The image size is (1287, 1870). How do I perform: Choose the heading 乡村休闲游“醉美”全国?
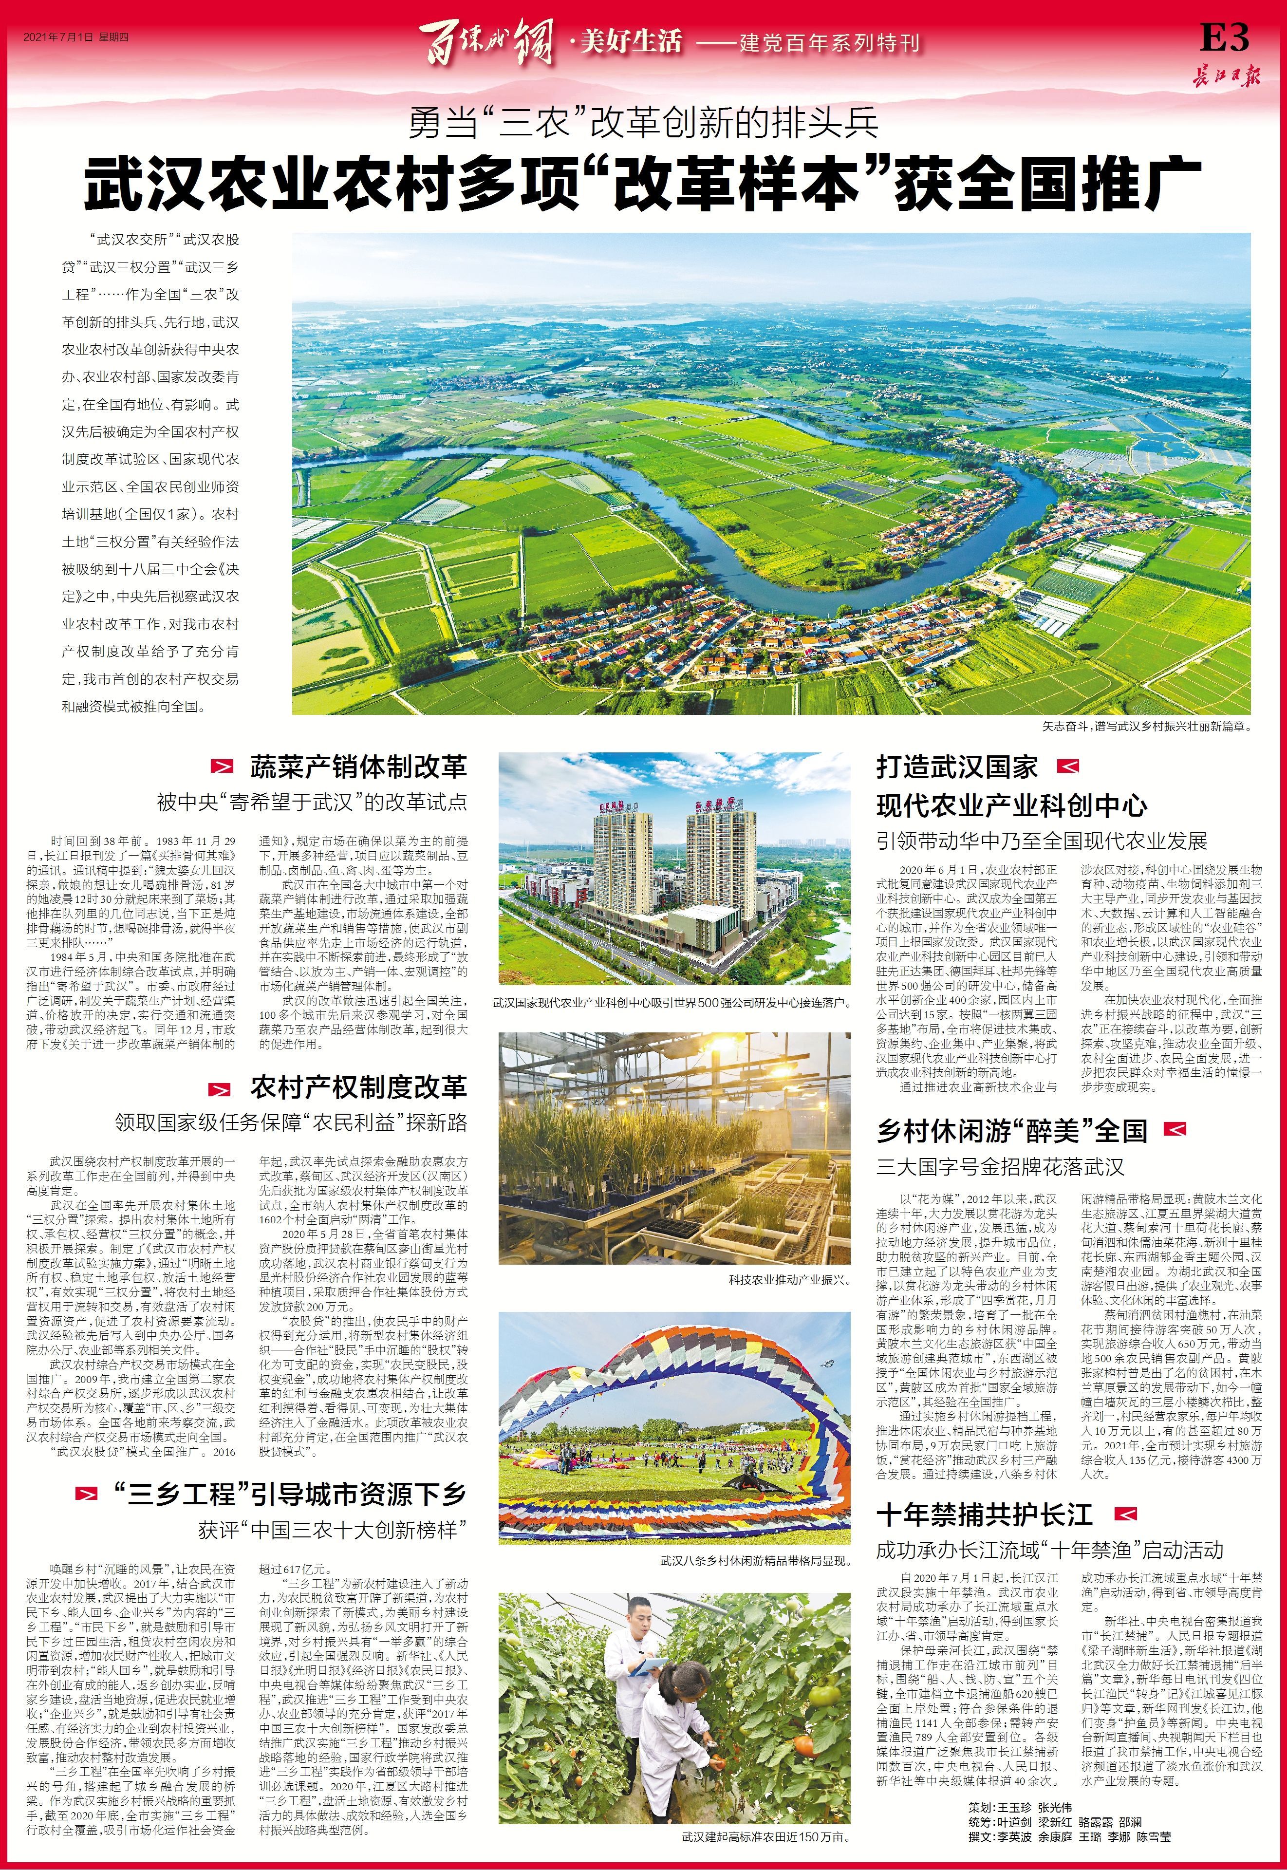(1012, 1131)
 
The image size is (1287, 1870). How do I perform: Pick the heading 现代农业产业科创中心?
(1011, 805)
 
